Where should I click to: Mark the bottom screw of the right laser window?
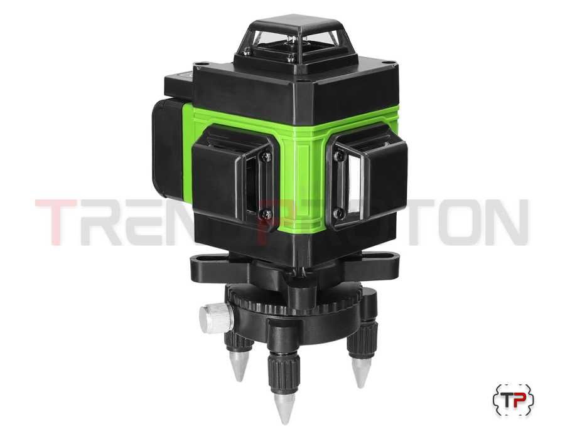[x=340, y=213]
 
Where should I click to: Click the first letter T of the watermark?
[x=56, y=222]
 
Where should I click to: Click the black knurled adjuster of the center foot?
[x=282, y=370]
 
